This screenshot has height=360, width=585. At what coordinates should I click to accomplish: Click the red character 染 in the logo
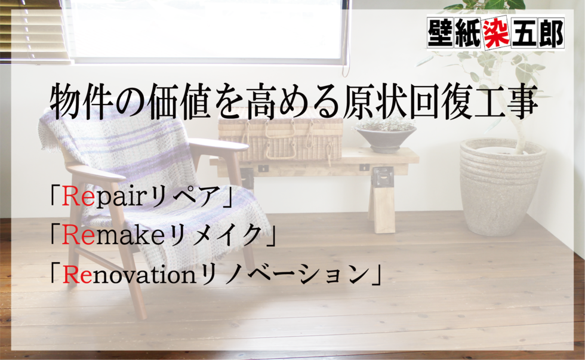click(x=496, y=33)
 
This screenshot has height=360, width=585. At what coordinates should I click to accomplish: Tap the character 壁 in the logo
click(x=441, y=33)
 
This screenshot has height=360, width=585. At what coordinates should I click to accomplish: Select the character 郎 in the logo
click(x=550, y=33)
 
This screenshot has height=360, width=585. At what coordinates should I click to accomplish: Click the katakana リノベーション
click(x=284, y=275)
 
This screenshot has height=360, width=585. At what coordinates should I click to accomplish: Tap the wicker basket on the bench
click(x=281, y=136)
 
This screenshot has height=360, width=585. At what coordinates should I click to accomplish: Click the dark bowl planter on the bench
click(x=385, y=137)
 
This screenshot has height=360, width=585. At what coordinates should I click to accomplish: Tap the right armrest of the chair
click(x=218, y=144)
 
